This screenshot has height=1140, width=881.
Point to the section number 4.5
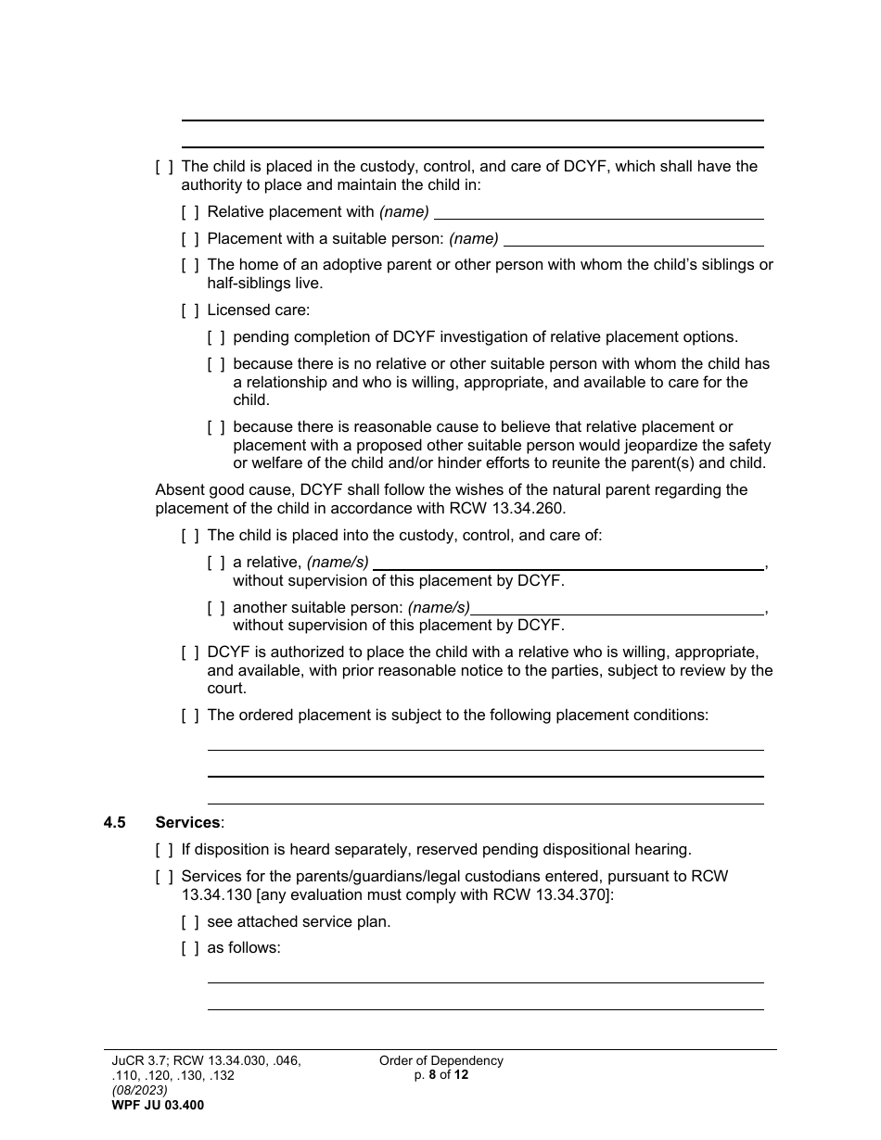[115, 822]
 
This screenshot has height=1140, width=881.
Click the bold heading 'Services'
[187, 822]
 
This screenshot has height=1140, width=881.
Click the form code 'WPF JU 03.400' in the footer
[158, 1105]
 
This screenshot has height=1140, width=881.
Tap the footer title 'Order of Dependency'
[441, 1061]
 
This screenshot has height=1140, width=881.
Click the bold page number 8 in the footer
[432, 1075]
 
